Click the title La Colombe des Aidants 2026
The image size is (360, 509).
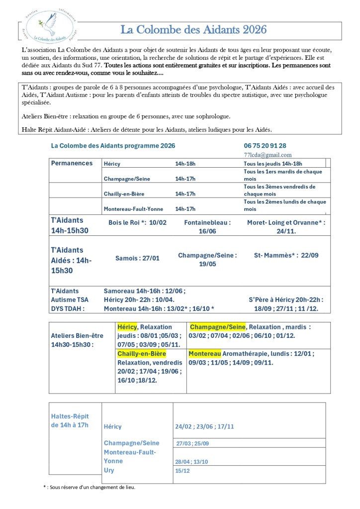193,30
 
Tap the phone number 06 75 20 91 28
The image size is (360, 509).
265,146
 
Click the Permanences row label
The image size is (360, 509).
72,163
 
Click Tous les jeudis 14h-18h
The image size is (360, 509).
273,164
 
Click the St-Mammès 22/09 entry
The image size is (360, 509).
286,255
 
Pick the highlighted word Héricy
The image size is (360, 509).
127,327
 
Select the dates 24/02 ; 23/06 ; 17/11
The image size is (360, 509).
204,426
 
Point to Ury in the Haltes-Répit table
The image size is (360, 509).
109,470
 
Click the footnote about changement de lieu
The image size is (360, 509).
90,487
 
